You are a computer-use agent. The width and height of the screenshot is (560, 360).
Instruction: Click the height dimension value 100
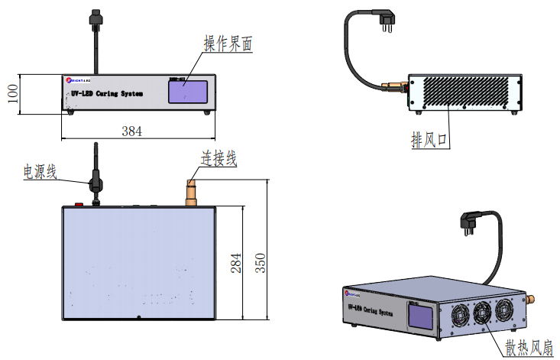click(x=11, y=94)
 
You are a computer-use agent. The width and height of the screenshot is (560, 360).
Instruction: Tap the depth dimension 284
click(x=235, y=261)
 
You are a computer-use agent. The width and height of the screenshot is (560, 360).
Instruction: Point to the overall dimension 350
click(x=261, y=261)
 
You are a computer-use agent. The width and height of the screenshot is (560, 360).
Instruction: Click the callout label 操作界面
click(x=228, y=44)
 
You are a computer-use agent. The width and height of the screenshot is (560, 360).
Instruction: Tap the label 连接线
click(x=218, y=159)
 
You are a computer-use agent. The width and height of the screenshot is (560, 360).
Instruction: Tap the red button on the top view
click(x=78, y=204)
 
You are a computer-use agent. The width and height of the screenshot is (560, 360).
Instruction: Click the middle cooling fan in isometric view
click(x=483, y=314)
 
